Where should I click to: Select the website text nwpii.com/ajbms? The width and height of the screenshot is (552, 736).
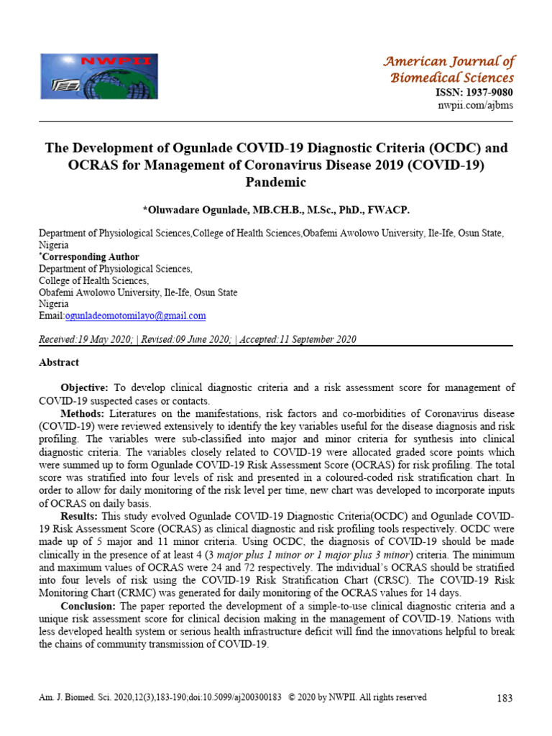tap(476, 106)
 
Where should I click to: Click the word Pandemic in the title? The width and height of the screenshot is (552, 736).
tap(276, 183)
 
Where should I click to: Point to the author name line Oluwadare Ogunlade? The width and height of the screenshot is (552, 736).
tap(276, 209)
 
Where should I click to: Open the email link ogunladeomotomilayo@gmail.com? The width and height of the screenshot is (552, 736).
tap(136, 316)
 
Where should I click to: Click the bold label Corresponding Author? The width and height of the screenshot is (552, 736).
tap(90, 257)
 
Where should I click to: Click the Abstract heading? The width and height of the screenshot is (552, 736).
tap(59, 362)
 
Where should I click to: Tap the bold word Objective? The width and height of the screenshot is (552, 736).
tap(84, 387)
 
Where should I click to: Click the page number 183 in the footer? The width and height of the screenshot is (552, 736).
tap(504, 698)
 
